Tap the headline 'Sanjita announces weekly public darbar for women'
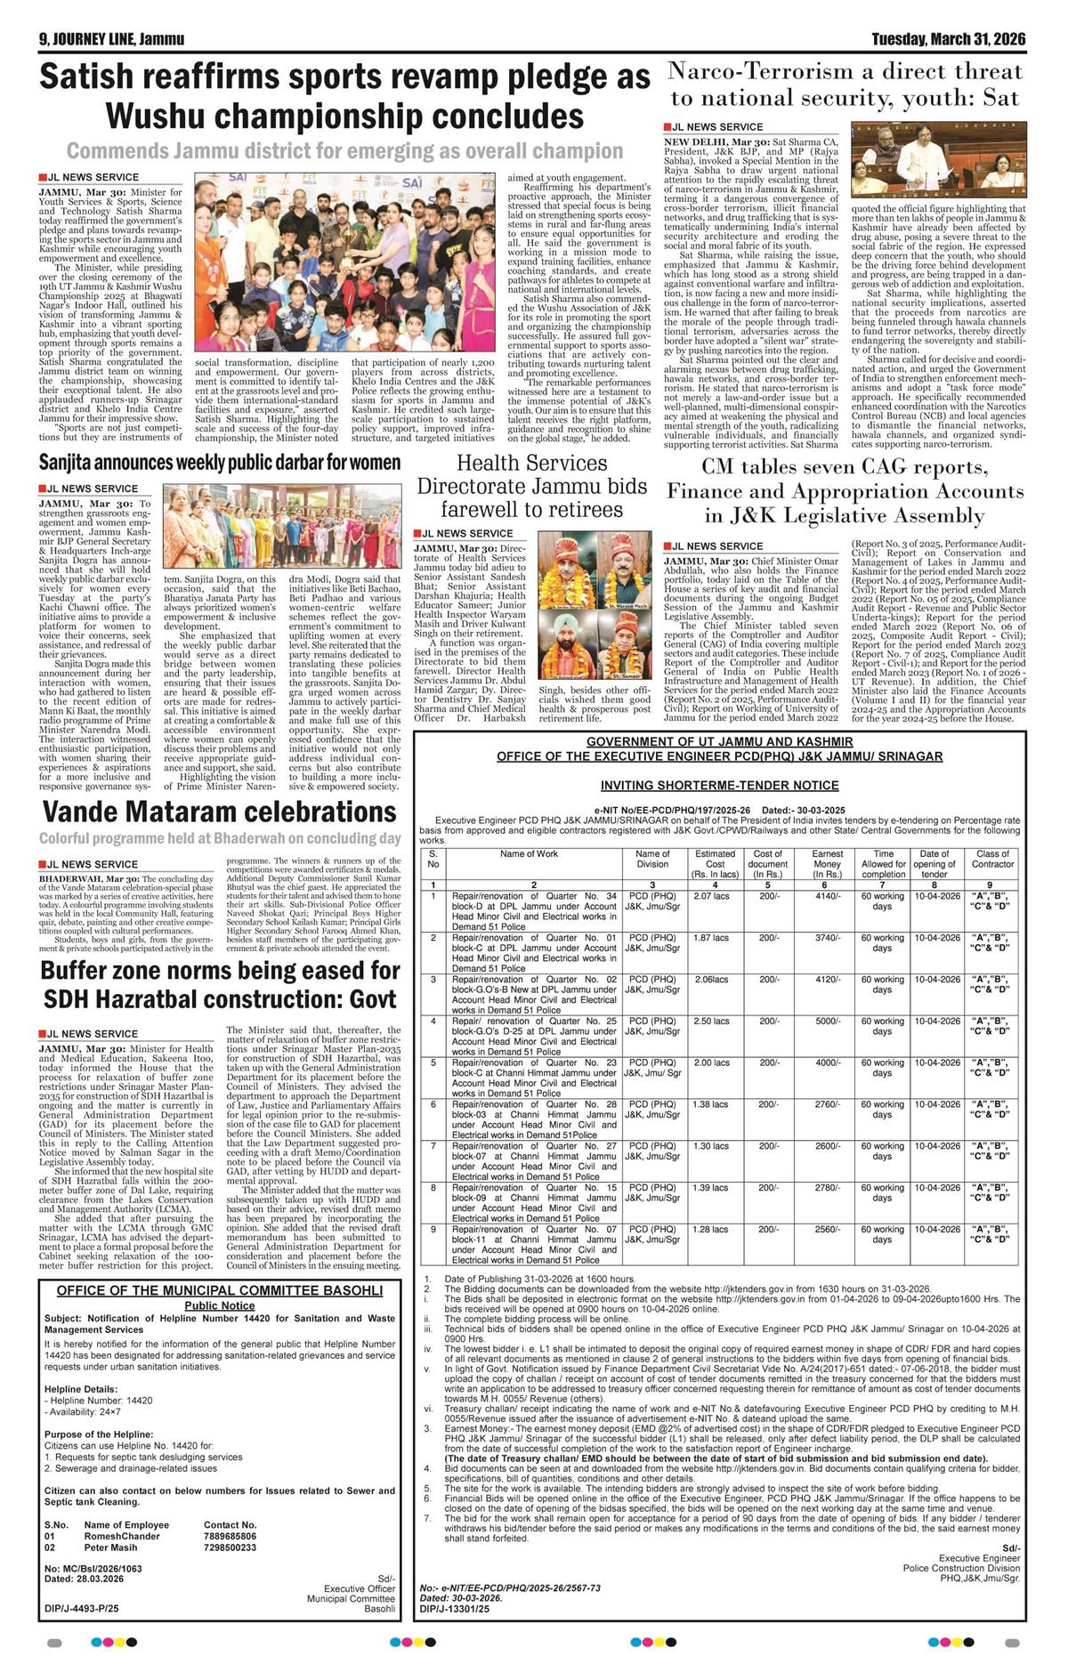click(x=220, y=463)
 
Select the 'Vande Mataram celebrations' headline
click(x=219, y=812)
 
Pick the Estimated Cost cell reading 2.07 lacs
click(x=711, y=896)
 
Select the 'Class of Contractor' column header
click(x=992, y=859)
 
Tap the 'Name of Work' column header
click(x=529, y=853)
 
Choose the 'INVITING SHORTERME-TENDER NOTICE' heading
click(x=719, y=786)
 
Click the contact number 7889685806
click(x=230, y=1536)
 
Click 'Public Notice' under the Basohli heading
click(x=219, y=1305)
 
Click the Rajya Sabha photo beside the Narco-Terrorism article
click(x=938, y=161)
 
